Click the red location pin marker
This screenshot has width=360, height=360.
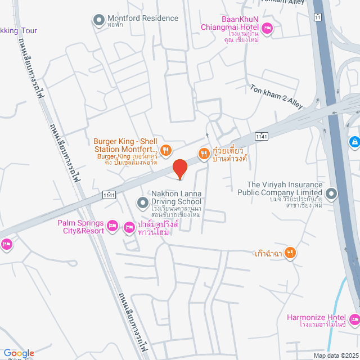pos(179,168)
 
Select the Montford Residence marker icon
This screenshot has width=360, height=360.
pos(99,21)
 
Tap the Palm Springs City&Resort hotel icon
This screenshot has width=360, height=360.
pos(112,226)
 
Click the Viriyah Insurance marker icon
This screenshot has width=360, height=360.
pos(331,195)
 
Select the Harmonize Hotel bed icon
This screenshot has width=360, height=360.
pos(354,320)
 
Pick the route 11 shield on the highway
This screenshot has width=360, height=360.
pos(318,17)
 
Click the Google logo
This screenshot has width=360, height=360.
pos(19,353)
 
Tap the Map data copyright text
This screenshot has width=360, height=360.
pos(335,355)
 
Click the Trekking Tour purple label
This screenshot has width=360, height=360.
pos(18,30)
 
